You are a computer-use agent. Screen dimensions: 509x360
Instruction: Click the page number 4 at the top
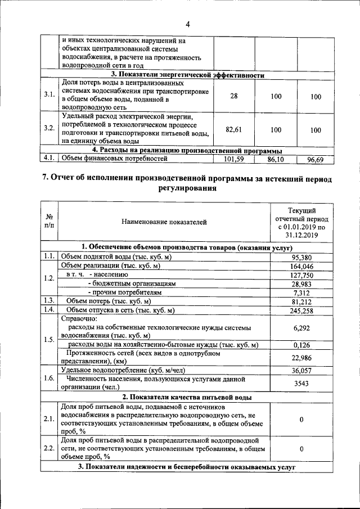tap(188, 24)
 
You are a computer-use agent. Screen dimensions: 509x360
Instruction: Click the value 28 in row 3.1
tap(234, 97)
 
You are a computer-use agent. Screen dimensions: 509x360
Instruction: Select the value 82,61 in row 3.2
tap(234, 129)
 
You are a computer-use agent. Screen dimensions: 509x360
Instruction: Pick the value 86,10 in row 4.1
tap(276, 159)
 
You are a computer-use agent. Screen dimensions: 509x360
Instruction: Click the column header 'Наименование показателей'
tap(164, 222)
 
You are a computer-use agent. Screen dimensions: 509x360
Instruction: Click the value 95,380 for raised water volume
tap(300, 257)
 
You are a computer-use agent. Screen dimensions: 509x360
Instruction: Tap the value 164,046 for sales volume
tap(300, 266)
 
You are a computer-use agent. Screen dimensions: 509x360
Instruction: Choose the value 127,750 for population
tap(300, 275)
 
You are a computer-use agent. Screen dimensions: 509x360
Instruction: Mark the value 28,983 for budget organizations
tap(300, 284)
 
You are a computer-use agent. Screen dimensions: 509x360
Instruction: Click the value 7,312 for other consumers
tap(300, 293)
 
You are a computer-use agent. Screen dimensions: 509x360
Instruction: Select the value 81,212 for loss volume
tap(300, 301)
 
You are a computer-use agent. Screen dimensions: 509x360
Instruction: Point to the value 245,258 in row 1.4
tap(300, 310)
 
